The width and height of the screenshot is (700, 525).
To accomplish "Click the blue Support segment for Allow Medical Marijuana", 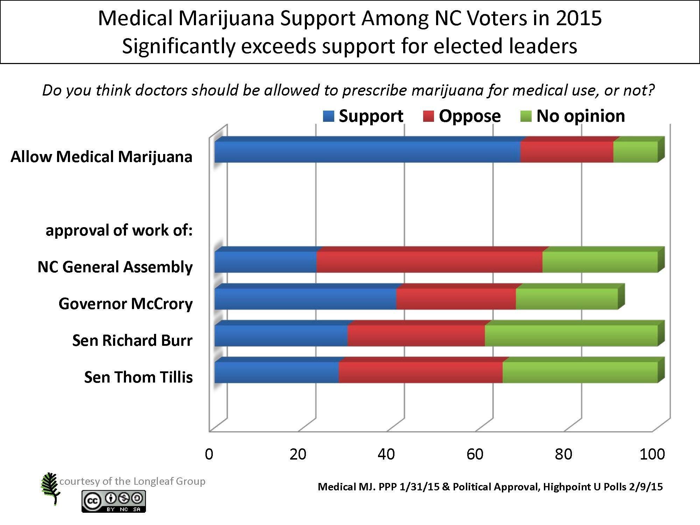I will pyautogui.click(x=367, y=152).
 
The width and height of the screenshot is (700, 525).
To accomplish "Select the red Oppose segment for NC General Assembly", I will pyautogui.click(x=429, y=262).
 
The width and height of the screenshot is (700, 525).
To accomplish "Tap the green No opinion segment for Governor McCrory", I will pyautogui.click(x=567, y=299).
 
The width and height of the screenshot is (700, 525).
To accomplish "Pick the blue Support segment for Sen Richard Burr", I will pyautogui.click(x=281, y=336).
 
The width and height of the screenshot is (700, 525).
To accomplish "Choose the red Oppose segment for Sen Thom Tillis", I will pyautogui.click(x=421, y=372).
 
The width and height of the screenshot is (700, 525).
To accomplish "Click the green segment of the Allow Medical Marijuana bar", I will pyautogui.click(x=636, y=152).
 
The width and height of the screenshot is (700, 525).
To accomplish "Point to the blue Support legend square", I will pyautogui.click(x=329, y=116).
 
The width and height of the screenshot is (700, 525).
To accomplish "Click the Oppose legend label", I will pyautogui.click(x=470, y=116).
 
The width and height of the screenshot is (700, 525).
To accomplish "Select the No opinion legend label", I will pyautogui.click(x=581, y=116).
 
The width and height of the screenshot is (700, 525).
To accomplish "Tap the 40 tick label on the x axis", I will pyautogui.click(x=386, y=454).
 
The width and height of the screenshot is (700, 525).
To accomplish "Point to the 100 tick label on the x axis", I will pyautogui.click(x=652, y=454).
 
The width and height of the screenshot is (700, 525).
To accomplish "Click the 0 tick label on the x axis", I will pyautogui.click(x=209, y=454).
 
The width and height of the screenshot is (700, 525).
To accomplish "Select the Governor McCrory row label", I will pyautogui.click(x=126, y=303).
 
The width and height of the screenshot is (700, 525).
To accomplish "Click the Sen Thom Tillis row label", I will pyautogui.click(x=138, y=377).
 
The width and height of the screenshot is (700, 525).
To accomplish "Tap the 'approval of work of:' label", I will pyautogui.click(x=119, y=230).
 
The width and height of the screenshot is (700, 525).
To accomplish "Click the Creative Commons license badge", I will pyautogui.click(x=114, y=501).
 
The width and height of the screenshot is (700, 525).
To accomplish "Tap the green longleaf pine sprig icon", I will pyautogui.click(x=50, y=488).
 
